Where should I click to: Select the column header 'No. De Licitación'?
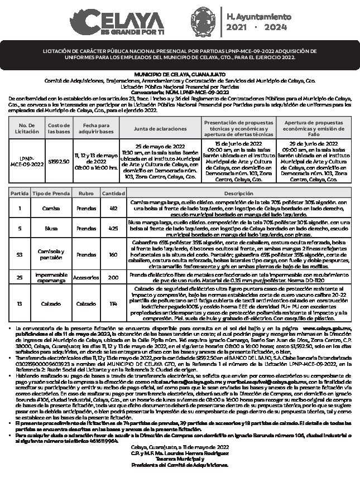coord(27,128)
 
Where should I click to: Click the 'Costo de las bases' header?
coord(59,128)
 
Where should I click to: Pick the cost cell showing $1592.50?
coord(59,161)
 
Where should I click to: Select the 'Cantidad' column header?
coord(113,194)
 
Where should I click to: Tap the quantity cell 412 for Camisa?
coord(113,207)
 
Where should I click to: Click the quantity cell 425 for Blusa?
coord(113,228)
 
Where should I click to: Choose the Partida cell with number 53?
coord(20,254)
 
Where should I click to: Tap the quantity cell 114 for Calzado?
coord(113,304)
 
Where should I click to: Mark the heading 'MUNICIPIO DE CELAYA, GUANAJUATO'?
coord(180,74)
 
